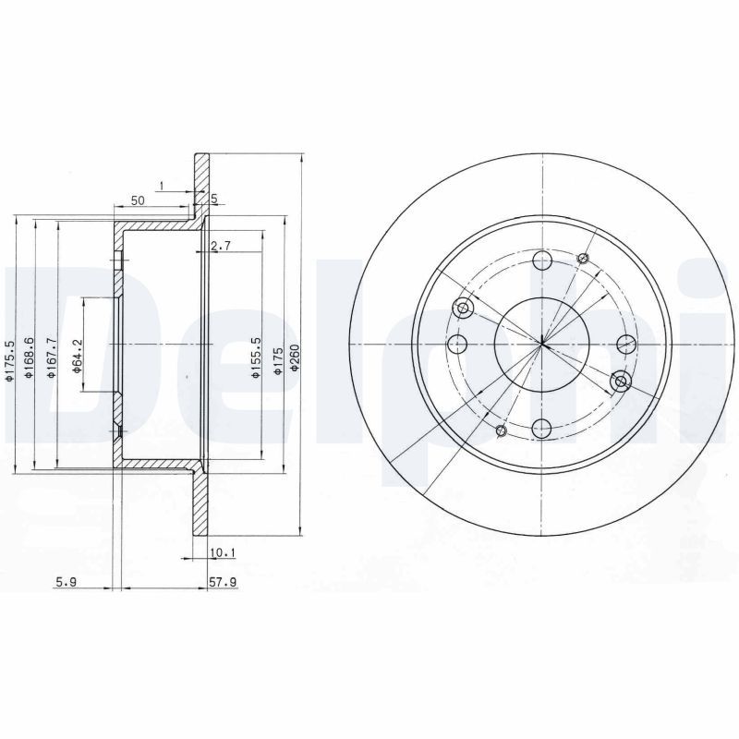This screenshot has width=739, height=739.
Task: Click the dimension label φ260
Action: (295, 358)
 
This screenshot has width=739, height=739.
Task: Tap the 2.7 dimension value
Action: (220, 246)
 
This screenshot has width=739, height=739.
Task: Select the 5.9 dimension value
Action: (65, 583)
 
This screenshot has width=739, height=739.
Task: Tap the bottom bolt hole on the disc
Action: (543, 428)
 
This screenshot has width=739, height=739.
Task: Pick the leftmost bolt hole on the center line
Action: (457, 345)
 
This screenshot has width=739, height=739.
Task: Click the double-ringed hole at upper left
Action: (465, 308)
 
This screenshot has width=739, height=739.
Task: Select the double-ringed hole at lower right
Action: (621, 381)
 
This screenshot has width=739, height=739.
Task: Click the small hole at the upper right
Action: (583, 258)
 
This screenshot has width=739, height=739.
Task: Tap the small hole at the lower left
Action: (503, 430)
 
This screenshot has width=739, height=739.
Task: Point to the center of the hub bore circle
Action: (542, 345)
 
